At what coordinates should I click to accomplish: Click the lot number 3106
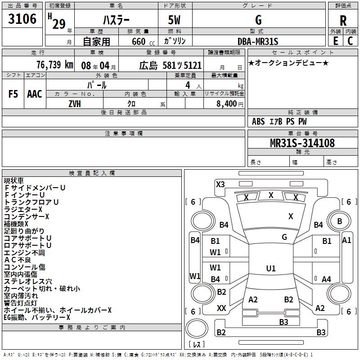22,19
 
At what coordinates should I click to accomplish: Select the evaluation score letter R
343,20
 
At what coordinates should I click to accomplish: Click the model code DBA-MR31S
258,41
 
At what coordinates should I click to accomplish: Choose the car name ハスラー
116,20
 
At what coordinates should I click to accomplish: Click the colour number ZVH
75,103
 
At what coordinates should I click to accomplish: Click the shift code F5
13,94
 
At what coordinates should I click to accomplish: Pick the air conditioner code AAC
34,94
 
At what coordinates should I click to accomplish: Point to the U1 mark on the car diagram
270,269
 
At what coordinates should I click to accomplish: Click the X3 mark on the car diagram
220,184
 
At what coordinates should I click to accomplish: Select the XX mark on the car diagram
221,308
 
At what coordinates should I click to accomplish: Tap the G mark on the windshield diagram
284,237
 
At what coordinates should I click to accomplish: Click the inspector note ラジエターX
23,210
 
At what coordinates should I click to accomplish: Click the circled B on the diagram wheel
339,221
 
